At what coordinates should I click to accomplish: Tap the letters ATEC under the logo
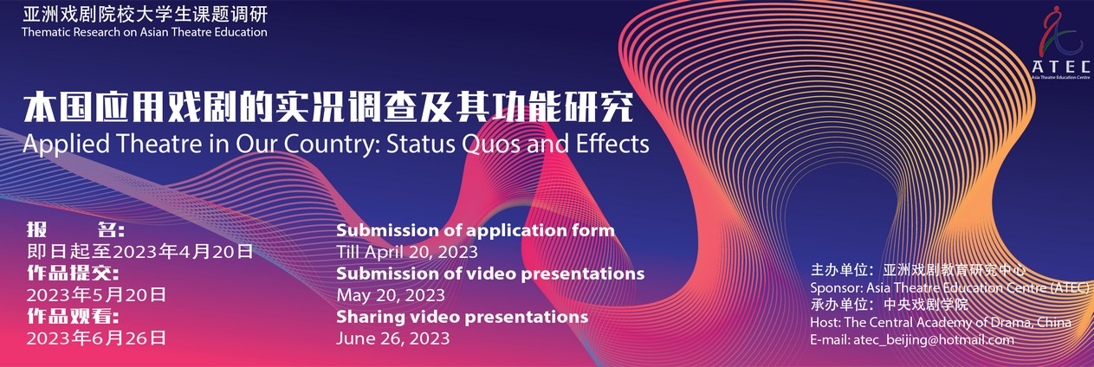(1060, 67)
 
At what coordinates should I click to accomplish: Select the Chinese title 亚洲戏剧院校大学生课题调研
(145, 14)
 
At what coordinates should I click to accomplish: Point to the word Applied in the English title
(67, 145)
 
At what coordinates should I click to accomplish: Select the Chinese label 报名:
(75, 229)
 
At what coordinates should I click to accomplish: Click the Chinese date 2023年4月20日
(183, 251)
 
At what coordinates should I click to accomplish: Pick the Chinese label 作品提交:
(73, 273)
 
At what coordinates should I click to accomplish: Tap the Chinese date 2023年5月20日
(96, 294)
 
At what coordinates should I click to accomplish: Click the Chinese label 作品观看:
(73, 316)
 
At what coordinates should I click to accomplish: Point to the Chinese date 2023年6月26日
(96, 338)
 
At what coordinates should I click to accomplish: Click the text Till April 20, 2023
(407, 252)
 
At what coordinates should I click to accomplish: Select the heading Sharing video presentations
(462, 317)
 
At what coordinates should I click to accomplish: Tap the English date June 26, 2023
(392, 338)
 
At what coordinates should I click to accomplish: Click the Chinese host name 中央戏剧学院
(925, 305)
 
